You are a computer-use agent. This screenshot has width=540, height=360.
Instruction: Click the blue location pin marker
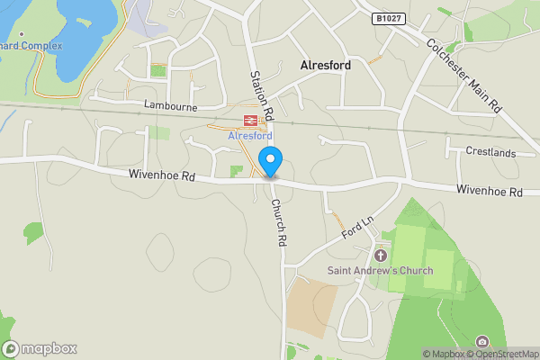coord(271,162)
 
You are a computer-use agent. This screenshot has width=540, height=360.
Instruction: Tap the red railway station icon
coord(249,120)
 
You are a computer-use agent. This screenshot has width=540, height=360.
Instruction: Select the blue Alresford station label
coord(249,136)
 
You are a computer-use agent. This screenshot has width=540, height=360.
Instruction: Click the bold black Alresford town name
coord(325,66)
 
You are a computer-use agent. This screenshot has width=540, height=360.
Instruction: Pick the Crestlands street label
coord(490,152)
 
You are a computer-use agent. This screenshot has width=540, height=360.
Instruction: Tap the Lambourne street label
coord(169,105)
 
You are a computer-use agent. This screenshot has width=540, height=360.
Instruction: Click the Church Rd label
coord(280,222)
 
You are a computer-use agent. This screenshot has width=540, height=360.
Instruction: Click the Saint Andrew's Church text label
coord(379,271)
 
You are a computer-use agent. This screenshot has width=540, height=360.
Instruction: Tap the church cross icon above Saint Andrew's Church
coord(380,256)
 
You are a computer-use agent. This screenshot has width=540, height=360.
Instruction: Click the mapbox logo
coord(40,348)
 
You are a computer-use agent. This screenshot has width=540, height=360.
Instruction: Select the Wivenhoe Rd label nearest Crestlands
coord(489,192)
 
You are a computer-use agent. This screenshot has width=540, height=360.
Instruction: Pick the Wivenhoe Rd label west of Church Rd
coord(162,176)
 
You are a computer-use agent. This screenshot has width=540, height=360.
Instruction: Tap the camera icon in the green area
coord(483,342)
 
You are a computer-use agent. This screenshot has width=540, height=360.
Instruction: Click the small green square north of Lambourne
coord(158,71)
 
